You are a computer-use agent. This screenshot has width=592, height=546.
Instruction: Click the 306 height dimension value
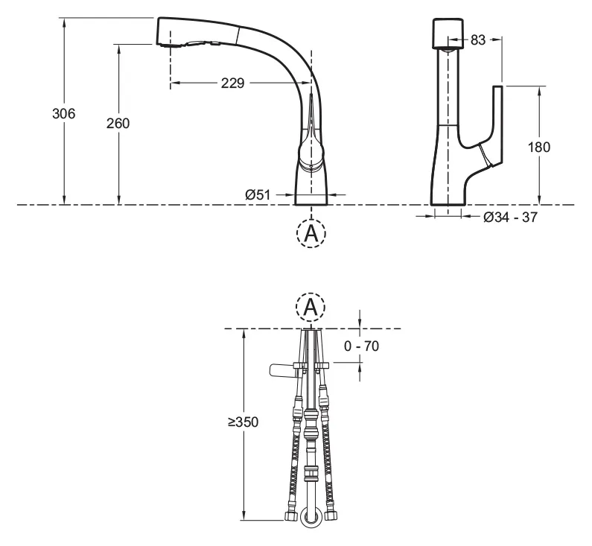click(64, 113)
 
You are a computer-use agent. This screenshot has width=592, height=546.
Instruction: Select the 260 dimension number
click(118, 123)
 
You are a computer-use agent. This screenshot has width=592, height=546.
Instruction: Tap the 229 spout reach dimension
click(232, 83)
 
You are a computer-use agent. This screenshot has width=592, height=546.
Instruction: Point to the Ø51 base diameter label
click(258, 194)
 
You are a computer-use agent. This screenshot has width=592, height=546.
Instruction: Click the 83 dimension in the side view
click(478, 39)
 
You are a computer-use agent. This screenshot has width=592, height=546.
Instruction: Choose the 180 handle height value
click(539, 147)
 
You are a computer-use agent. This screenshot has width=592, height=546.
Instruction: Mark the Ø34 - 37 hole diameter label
click(510, 217)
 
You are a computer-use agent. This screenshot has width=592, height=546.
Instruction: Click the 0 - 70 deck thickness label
click(361, 346)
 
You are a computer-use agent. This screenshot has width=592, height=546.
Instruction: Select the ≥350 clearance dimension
click(244, 422)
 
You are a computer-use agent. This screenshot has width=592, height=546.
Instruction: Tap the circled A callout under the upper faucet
click(311, 233)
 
